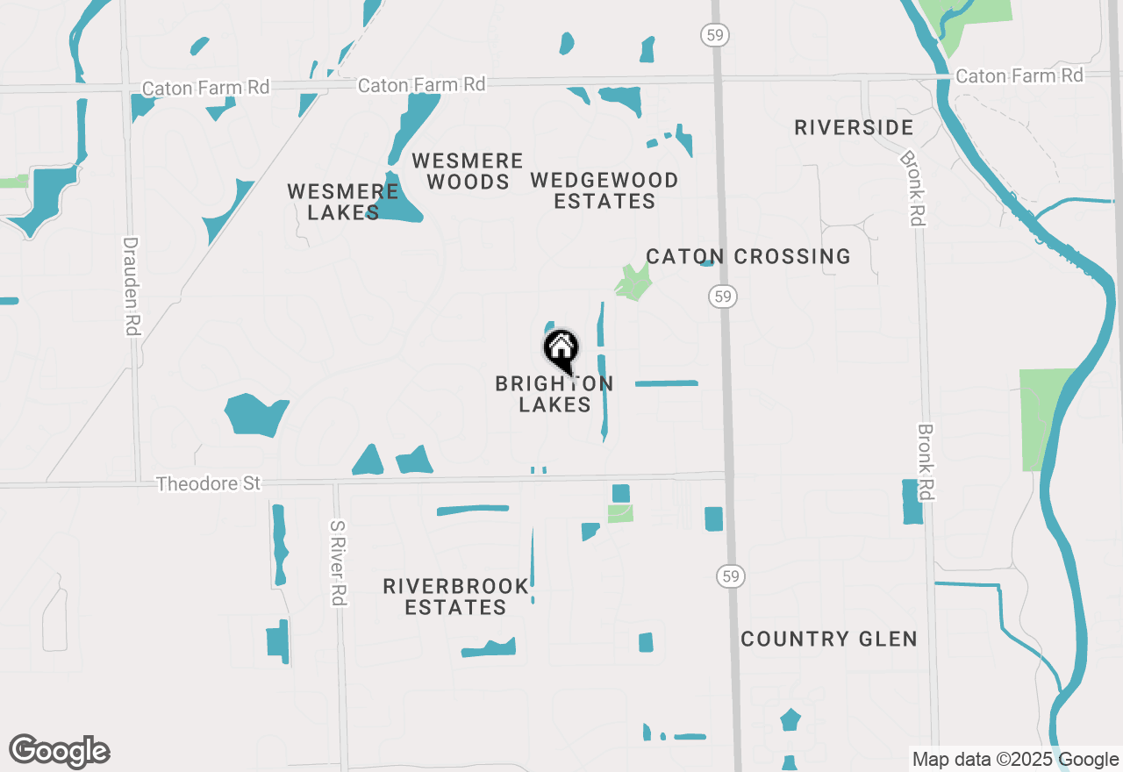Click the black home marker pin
561,350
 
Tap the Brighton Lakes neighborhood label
554,394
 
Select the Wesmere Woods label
468,171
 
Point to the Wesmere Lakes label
343,202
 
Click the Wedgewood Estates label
604,190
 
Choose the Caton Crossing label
748,256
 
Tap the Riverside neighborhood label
854,128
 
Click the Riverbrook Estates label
456,597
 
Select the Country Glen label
829,639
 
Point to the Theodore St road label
209,484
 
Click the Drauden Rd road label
132,286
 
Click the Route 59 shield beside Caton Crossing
722,297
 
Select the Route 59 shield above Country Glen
729,576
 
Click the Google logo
60,751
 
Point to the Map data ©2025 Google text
1015,760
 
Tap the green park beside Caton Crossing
633,282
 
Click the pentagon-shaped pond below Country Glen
790,719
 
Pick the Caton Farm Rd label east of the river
1019,76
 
